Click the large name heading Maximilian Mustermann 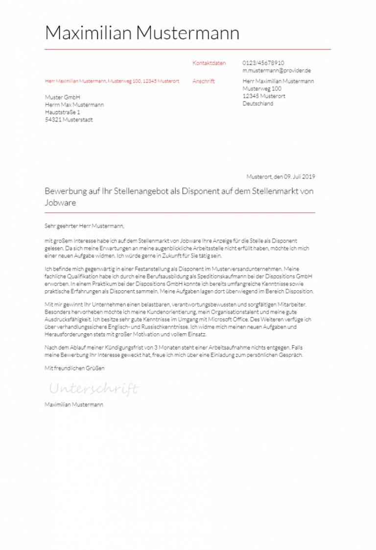click(x=142, y=33)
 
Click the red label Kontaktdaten click(x=209, y=63)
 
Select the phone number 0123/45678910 click(x=263, y=63)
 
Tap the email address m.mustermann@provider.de click(x=277, y=71)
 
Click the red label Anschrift click(x=203, y=81)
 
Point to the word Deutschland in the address click(x=258, y=103)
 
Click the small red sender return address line click(x=112, y=81)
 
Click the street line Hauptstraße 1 click(x=62, y=112)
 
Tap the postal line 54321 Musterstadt click(x=69, y=120)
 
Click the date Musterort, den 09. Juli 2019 click(x=281, y=176)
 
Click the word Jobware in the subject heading click(x=60, y=202)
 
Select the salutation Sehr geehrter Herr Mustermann click(x=84, y=226)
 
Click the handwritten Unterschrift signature click(x=94, y=389)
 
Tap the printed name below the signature click(x=73, y=405)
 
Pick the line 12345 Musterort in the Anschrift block click(x=264, y=96)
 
